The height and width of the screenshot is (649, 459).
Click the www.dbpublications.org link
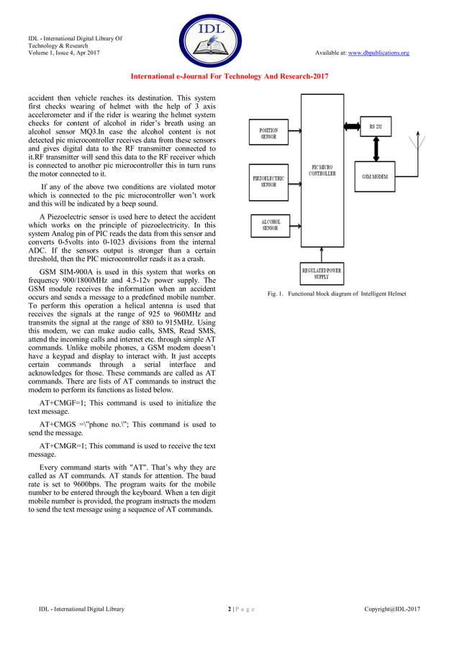pos(378,53)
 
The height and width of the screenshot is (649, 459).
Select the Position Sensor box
pos(268,133)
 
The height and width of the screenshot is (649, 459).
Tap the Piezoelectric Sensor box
pos(268,181)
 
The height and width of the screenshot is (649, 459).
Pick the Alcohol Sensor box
pos(270,224)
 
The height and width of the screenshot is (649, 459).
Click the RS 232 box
pos(376,127)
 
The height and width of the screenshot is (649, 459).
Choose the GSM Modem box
pos(385,177)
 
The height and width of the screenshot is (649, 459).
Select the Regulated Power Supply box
pos(321,273)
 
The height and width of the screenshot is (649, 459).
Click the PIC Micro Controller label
pos(322,171)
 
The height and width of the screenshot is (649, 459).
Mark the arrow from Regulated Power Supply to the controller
pos(322,256)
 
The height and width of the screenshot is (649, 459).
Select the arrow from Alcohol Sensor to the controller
pos(296,224)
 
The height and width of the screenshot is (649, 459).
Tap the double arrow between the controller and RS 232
pos(352,127)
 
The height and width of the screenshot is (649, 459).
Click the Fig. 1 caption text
pos(337,294)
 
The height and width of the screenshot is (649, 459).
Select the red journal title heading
pos(229,76)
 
